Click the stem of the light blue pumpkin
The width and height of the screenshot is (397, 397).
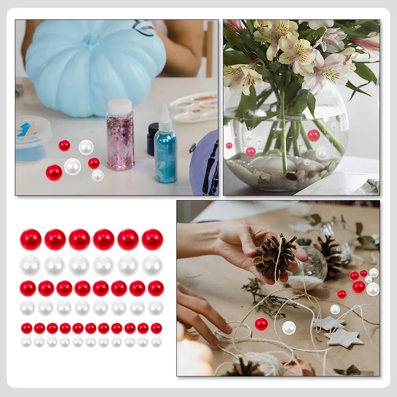(x=91, y=40)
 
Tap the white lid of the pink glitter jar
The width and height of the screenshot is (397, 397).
(x=120, y=107)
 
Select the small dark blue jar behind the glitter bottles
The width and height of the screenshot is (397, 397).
(x=151, y=139)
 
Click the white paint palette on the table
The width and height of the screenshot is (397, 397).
(x=194, y=107)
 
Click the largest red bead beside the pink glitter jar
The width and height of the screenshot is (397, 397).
(x=54, y=173)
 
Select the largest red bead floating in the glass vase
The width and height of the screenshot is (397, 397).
(x=313, y=136)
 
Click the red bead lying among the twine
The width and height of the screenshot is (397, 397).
(x=261, y=324)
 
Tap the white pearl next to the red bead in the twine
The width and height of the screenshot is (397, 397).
(x=289, y=327)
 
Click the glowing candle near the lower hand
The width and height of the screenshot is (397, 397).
(x=194, y=357)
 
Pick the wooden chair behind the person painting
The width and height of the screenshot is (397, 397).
(x=208, y=48)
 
